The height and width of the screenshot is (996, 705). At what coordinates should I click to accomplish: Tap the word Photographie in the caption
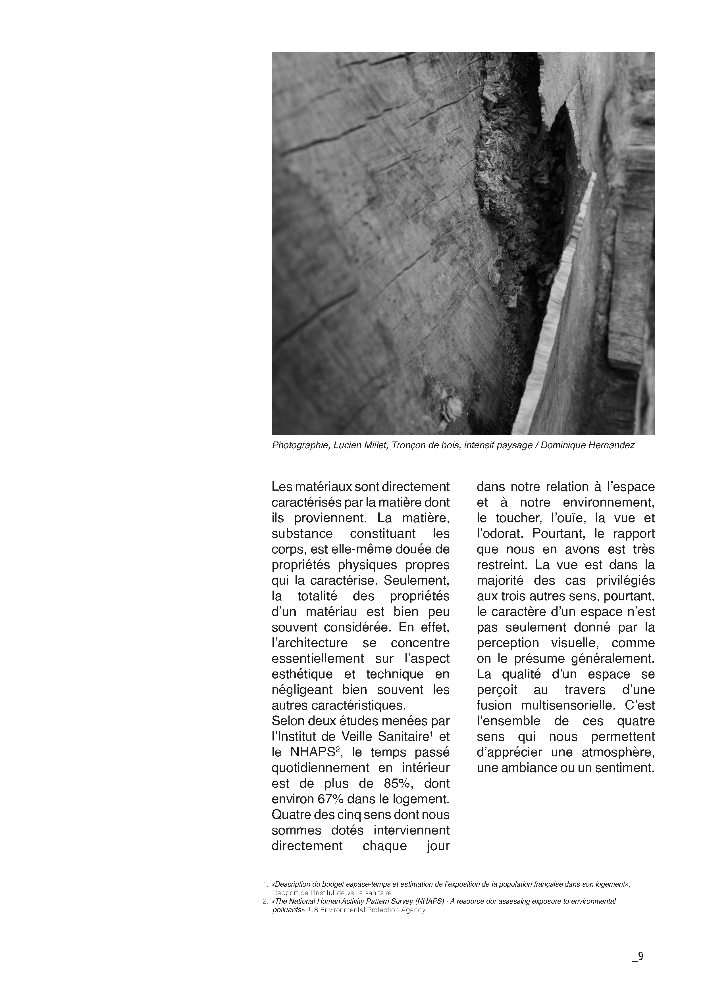[300, 445]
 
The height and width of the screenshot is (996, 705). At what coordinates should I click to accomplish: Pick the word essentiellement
[318, 658]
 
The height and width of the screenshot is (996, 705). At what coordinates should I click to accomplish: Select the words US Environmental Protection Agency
[367, 910]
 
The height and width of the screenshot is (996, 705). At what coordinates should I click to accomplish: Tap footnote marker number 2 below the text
[264, 902]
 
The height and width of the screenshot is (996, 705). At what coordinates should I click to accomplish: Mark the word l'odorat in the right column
[500, 533]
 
